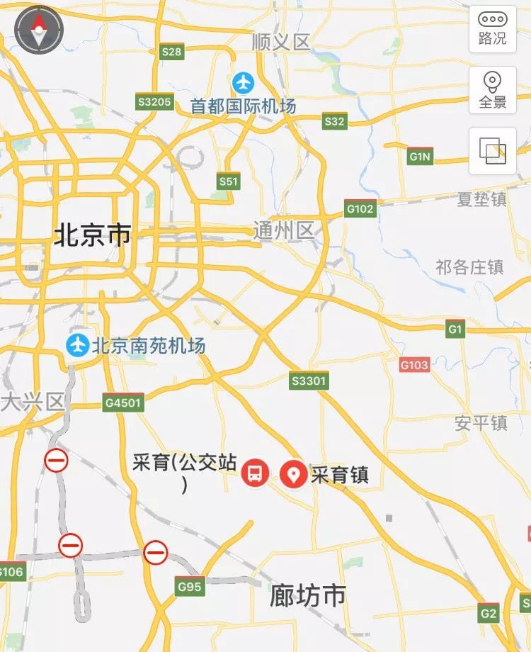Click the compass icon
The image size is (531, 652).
[39, 30]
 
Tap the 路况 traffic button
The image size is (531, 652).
[493, 29]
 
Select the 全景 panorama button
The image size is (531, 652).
[493, 90]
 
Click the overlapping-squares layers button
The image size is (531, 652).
[493, 150]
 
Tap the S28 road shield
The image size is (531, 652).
[171, 52]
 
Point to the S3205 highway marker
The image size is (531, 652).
[154, 102]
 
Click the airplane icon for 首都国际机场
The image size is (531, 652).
[244, 83]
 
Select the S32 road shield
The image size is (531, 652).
[334, 121]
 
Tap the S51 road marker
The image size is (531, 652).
[228, 181]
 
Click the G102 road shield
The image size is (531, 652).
[360, 209]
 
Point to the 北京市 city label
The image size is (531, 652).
[92, 235]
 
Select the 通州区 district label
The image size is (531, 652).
[283, 230]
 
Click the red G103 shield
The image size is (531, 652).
[414, 365]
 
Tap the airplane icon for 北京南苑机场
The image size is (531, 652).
[77, 346]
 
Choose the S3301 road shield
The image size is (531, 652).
[309, 381]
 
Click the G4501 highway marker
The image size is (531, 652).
[123, 403]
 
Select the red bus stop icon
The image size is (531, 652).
[256, 473]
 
